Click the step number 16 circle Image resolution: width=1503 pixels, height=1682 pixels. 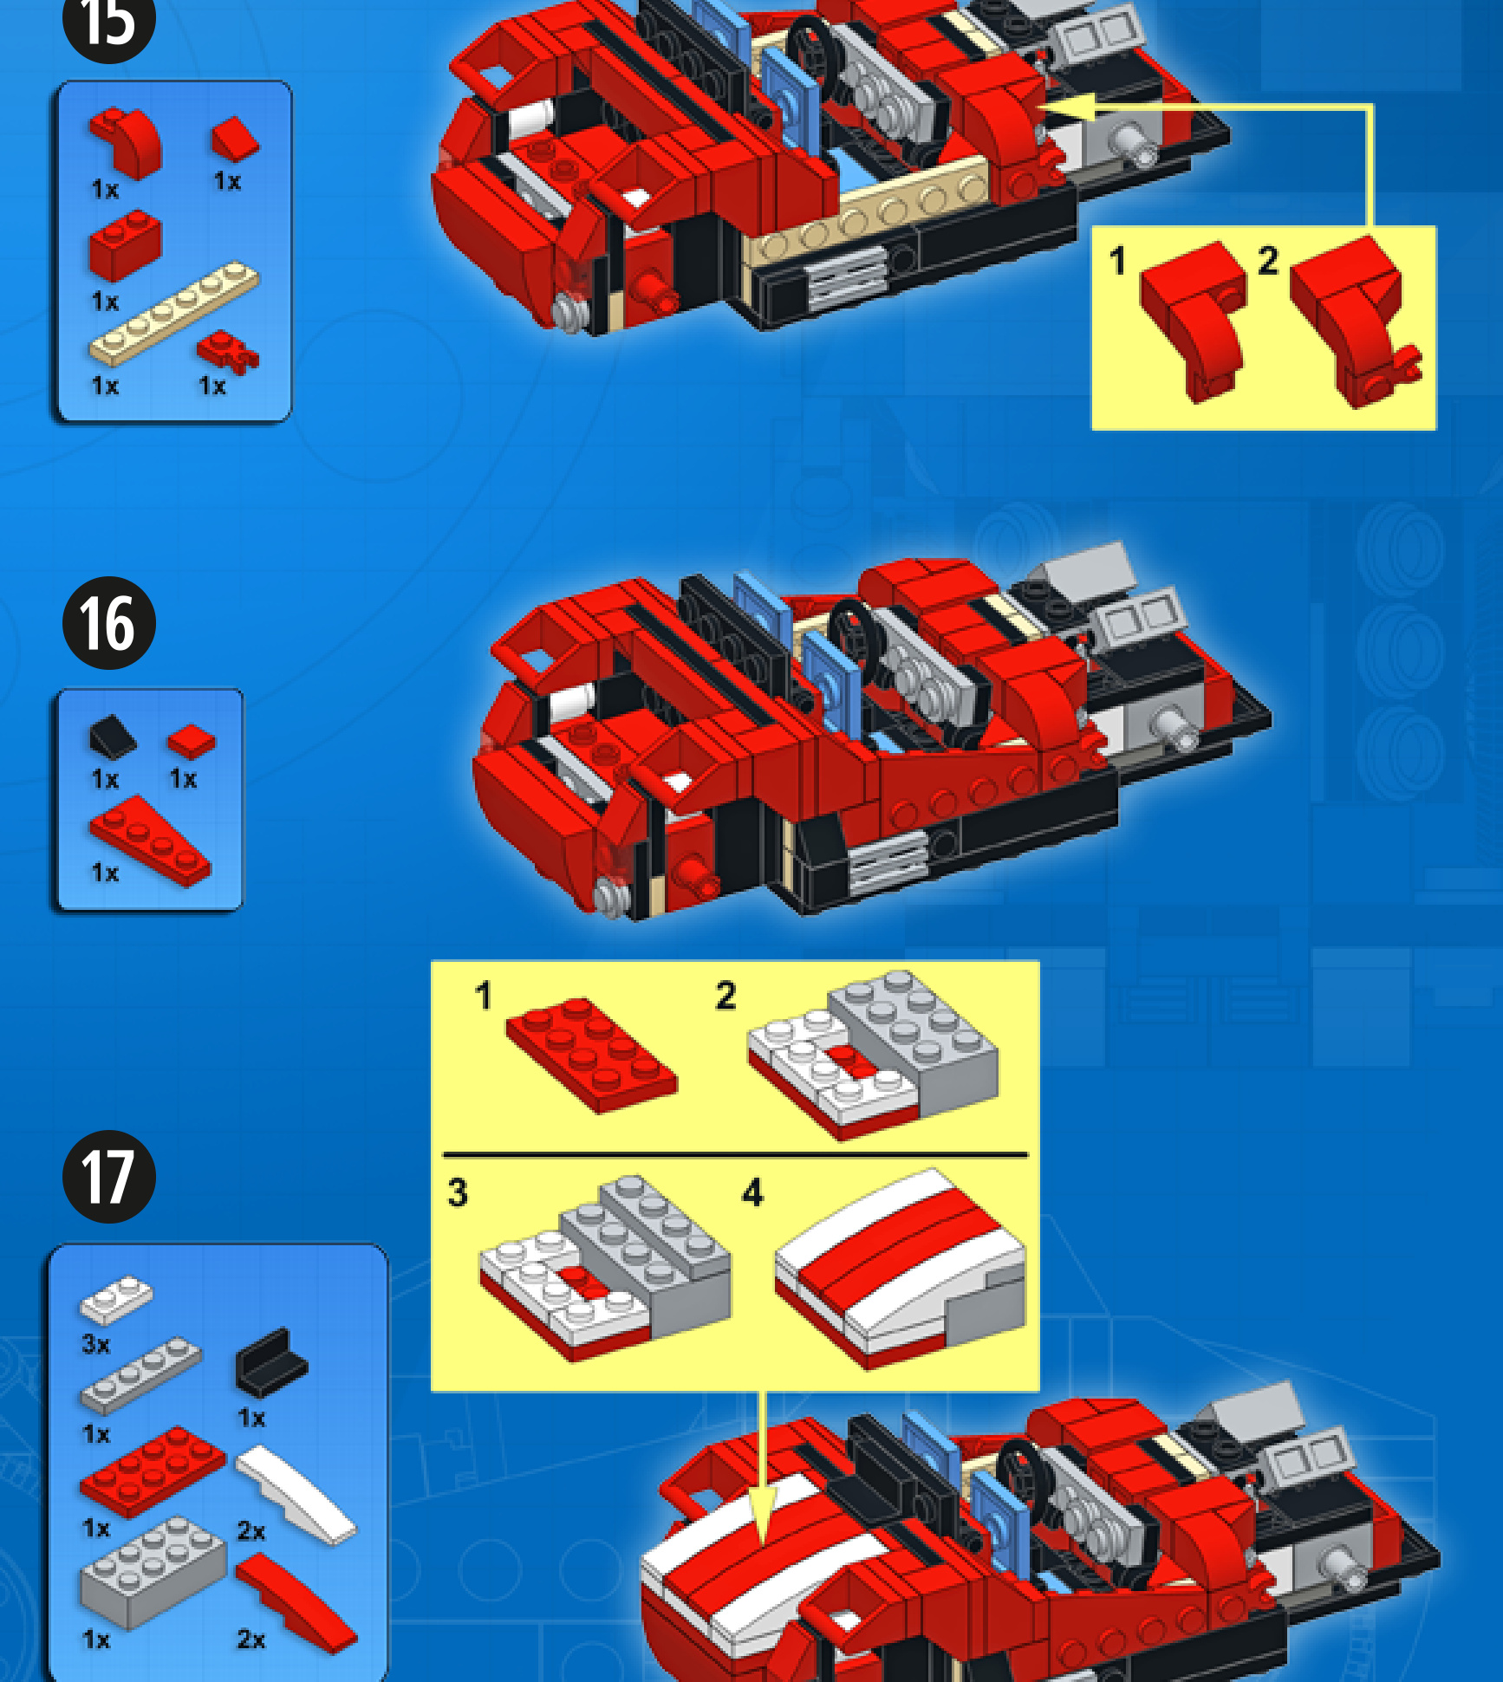109,623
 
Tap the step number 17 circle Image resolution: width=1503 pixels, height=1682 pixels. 109,1177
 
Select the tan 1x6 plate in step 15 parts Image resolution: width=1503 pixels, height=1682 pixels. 174,312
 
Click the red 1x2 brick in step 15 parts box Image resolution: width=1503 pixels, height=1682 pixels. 125,244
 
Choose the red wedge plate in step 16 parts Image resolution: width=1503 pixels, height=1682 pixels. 150,841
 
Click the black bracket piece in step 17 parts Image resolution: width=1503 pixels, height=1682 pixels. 271,1361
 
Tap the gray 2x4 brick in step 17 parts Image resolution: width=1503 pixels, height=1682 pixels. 153,1571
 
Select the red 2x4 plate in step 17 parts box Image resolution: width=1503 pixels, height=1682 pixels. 153,1471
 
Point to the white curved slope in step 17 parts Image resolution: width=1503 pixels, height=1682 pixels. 296,1493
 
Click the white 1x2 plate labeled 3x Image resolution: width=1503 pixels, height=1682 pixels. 116,1300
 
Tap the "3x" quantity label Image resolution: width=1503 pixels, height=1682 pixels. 96,1344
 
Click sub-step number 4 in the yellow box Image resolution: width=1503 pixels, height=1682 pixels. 752,1192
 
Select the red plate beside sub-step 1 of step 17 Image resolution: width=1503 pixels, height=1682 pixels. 591,1055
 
